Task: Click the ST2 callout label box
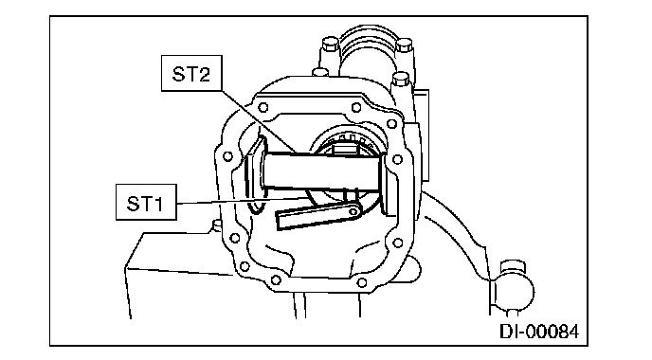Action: (191, 73)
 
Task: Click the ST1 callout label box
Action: (146, 202)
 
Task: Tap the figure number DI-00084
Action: (539, 332)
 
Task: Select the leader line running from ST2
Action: (258, 122)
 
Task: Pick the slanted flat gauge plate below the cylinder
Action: (317, 217)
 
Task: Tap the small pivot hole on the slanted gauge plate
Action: (353, 211)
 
